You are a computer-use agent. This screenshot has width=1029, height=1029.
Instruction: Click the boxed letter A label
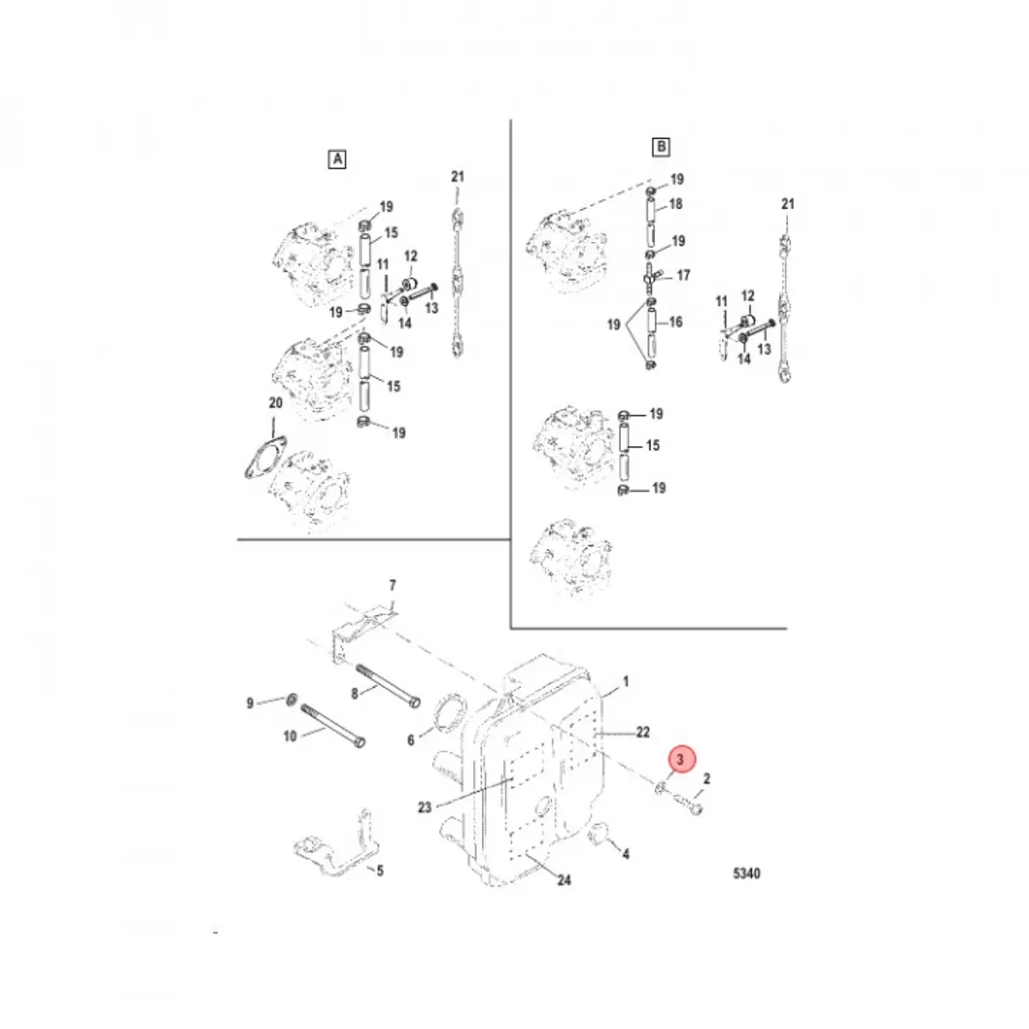(337, 159)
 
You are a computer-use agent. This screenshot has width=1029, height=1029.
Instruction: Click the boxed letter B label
(661, 147)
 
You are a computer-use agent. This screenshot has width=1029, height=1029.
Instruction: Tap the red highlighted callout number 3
(680, 759)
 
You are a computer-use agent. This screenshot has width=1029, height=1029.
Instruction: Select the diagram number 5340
(747, 874)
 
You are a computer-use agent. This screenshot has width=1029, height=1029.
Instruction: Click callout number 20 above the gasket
(275, 403)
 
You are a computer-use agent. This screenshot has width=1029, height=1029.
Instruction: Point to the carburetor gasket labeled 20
(262, 456)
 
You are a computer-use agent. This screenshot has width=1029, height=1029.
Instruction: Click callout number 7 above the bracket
(393, 586)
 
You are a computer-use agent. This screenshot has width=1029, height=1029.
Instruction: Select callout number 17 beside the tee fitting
(683, 276)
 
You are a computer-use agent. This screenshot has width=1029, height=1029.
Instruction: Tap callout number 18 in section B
(676, 204)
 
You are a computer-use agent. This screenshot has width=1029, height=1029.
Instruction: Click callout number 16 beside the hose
(676, 322)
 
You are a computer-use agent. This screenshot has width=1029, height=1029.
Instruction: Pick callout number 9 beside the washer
(250, 703)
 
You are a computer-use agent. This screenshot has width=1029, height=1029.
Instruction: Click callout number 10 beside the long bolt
(290, 736)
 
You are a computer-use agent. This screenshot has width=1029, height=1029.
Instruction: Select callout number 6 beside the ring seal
(411, 739)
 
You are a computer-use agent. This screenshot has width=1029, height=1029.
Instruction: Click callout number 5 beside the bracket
(380, 870)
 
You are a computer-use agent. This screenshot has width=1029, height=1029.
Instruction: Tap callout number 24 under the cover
(563, 880)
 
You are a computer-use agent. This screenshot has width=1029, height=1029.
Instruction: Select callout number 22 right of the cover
(642, 731)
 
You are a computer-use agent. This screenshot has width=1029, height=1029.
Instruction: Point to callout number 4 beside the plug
(626, 854)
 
